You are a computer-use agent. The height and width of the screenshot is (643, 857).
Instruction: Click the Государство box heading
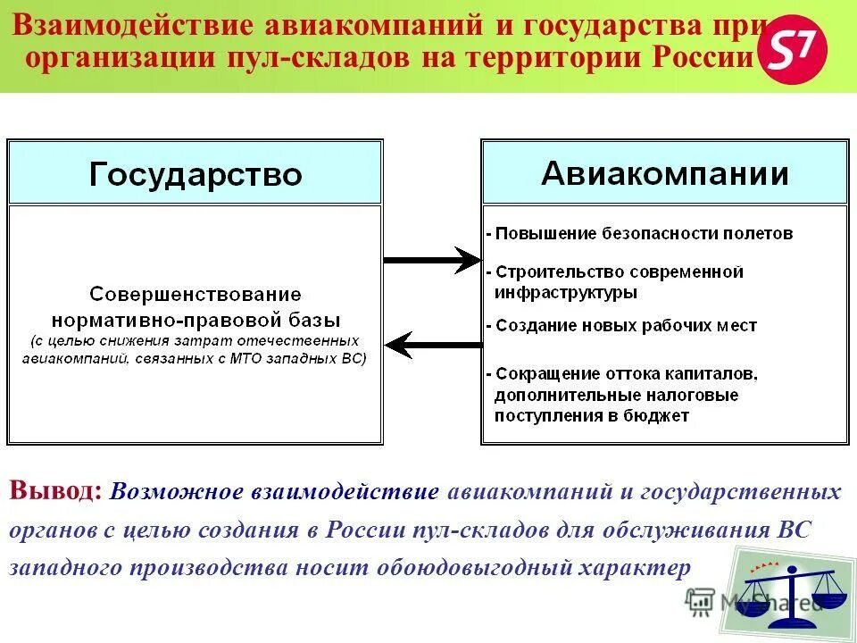click(196, 173)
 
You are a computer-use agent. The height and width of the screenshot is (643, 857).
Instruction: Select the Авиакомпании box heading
click(664, 172)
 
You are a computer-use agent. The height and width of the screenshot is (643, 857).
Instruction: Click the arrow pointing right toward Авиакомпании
click(432, 260)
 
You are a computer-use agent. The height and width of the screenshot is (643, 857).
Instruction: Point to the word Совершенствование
click(196, 294)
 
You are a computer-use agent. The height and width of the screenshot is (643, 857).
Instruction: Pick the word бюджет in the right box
click(657, 415)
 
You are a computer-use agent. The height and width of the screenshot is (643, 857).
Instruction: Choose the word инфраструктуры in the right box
click(566, 292)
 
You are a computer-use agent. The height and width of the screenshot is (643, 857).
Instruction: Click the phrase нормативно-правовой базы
click(196, 319)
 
